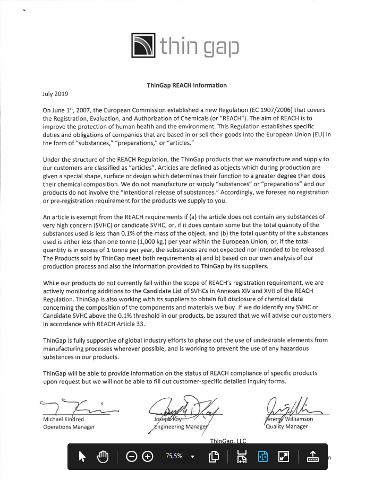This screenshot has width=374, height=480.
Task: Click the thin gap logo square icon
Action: click(143, 46)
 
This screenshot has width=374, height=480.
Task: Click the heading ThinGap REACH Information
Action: click(186, 85)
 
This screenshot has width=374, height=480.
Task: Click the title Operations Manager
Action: click(69, 427)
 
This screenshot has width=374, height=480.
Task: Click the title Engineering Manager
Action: click(181, 426)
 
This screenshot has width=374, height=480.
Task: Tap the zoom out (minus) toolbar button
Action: click(132, 457)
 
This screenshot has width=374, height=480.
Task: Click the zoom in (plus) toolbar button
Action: click(148, 457)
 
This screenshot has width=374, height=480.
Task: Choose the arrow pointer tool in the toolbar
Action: click(82, 457)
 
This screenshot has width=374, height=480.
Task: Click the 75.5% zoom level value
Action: click(174, 456)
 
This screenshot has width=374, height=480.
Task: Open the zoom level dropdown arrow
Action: click(193, 457)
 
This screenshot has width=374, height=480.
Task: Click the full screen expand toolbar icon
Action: click(284, 457)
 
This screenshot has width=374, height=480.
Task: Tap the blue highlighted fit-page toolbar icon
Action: click(263, 457)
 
